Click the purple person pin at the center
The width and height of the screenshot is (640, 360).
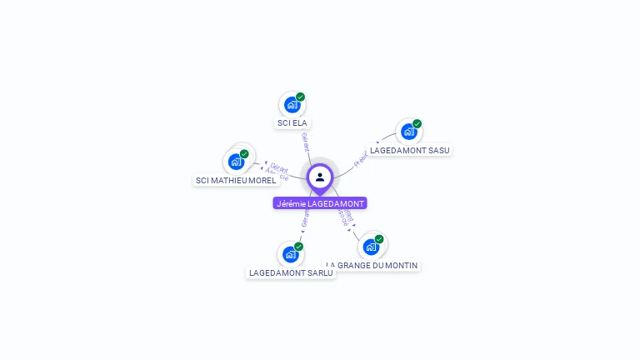pyautogui.click(x=320, y=177)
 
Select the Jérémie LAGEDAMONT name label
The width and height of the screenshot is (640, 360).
pyautogui.click(x=320, y=203)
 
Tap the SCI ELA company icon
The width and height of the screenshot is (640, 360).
pyautogui.click(x=292, y=105)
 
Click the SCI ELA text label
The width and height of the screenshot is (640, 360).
pyautogui.click(x=292, y=123)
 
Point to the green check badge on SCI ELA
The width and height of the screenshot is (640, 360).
pyautogui.click(x=300, y=97)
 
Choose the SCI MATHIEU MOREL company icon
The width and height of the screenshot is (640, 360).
pyautogui.click(x=236, y=162)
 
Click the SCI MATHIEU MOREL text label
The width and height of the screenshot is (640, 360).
pyautogui.click(x=236, y=180)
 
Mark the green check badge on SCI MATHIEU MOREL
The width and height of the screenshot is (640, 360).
pyautogui.click(x=244, y=153)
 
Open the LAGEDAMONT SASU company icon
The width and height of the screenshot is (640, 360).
pyautogui.click(x=408, y=132)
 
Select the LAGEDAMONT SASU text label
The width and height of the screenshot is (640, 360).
pyautogui.click(x=410, y=151)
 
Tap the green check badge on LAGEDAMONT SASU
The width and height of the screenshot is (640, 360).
pyautogui.click(x=417, y=124)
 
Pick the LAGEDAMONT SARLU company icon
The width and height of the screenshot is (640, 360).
pyautogui.click(x=290, y=254)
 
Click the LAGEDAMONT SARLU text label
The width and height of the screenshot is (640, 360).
pyautogui.click(x=291, y=272)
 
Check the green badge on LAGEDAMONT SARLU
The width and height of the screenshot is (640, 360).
pyautogui.click(x=298, y=246)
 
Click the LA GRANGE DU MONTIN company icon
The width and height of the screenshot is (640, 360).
pyautogui.click(x=371, y=247)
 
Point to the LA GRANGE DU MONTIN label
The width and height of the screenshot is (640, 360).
pyautogui.click(x=372, y=265)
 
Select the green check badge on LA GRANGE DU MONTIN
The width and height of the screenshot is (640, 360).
pyautogui.click(x=379, y=239)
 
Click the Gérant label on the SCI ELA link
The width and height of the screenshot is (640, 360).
pyautogui.click(x=305, y=142)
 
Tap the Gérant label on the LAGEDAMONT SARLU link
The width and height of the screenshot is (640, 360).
pyautogui.click(x=305, y=218)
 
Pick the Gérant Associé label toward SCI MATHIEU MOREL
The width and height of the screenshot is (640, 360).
pyautogui.click(x=277, y=172)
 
